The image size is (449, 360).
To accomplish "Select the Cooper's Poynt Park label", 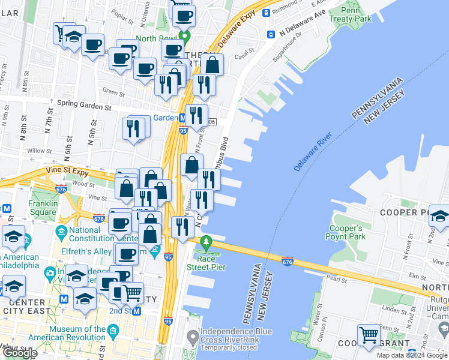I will (347, 233).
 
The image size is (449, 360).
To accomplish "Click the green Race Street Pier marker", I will (207, 244).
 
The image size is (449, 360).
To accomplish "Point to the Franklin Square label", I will (42, 208).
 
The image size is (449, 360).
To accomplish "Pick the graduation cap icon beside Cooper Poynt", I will (439, 217).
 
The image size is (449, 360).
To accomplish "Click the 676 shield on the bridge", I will (288, 260).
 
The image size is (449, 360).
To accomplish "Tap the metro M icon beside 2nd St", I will (137, 311).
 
